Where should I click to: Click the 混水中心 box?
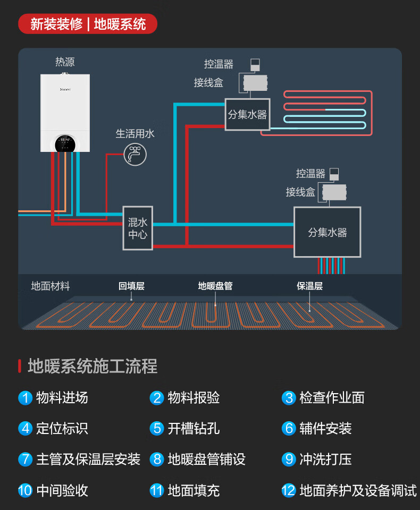click(x=138, y=228)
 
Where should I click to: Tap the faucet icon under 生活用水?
click(x=135, y=154)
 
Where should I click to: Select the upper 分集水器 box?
click(x=247, y=114)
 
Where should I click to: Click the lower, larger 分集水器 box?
click(x=327, y=232)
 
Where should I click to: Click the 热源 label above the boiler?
click(x=65, y=62)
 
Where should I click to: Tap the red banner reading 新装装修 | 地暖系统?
click(x=88, y=24)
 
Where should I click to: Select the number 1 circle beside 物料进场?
click(x=25, y=398)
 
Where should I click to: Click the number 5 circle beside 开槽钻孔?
click(x=157, y=428)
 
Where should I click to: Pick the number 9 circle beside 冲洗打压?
click(x=289, y=459)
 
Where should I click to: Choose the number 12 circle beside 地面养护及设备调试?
click(x=289, y=490)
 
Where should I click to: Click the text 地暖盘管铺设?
click(x=207, y=460)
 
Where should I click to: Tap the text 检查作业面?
click(x=332, y=398)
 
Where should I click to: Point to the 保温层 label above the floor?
click(x=309, y=286)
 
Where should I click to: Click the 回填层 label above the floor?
click(x=131, y=286)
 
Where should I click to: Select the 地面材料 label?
click(x=51, y=286)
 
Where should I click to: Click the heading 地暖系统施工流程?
click(x=93, y=367)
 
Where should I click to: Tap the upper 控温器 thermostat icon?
click(x=255, y=65)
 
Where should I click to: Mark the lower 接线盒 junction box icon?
click(x=334, y=192)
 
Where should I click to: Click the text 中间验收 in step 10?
click(x=62, y=490)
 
